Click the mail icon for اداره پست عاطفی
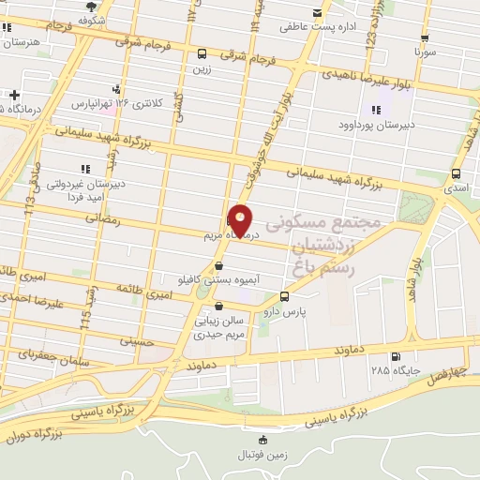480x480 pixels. tap(316, 13)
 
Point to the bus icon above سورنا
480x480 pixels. tap(426, 38)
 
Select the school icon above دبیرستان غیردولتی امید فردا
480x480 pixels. tap(84, 169)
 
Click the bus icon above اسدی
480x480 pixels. tap(457, 173)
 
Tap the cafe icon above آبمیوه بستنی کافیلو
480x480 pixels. tap(217, 265)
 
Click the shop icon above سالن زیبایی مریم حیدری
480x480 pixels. tap(218, 305)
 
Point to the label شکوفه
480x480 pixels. tap(91, 19)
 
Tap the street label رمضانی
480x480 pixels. tap(104, 217)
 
